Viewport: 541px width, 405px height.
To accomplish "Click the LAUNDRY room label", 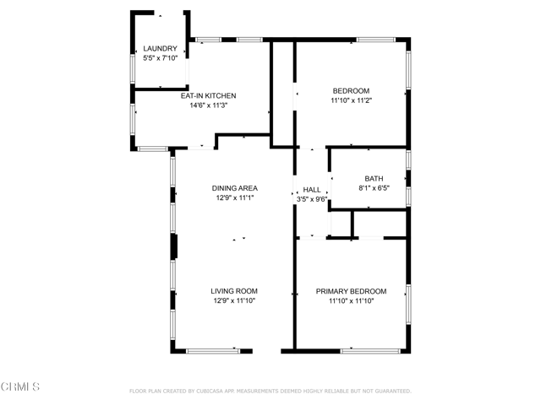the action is (x=160, y=49).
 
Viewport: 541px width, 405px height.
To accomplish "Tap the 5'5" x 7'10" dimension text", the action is (x=160, y=58).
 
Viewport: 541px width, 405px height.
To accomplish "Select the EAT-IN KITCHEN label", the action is (x=209, y=95).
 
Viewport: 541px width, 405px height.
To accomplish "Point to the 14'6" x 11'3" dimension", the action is (x=209, y=105).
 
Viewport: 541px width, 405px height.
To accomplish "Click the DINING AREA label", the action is (x=235, y=188).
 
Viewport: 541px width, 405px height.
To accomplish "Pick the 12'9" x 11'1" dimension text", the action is (x=235, y=197).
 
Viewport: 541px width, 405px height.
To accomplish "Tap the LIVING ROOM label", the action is (x=234, y=291).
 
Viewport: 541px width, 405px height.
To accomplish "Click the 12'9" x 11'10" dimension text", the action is (x=234, y=300).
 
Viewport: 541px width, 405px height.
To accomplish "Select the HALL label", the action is (x=312, y=190).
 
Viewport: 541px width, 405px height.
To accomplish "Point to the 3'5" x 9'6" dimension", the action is (x=312, y=199).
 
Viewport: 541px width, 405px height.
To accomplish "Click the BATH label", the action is (x=374, y=179).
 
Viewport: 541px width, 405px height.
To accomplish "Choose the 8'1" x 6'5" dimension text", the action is (x=374, y=188).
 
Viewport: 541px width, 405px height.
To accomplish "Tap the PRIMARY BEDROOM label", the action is (x=352, y=291).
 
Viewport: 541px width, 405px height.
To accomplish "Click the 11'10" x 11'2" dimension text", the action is (x=352, y=100).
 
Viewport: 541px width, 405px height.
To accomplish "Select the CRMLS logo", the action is (x=20, y=386).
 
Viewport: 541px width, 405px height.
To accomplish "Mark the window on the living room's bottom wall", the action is (x=213, y=351).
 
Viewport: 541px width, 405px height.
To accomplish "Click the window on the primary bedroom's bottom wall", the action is (x=370, y=351).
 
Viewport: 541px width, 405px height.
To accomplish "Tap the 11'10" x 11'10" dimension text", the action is (x=352, y=301).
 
